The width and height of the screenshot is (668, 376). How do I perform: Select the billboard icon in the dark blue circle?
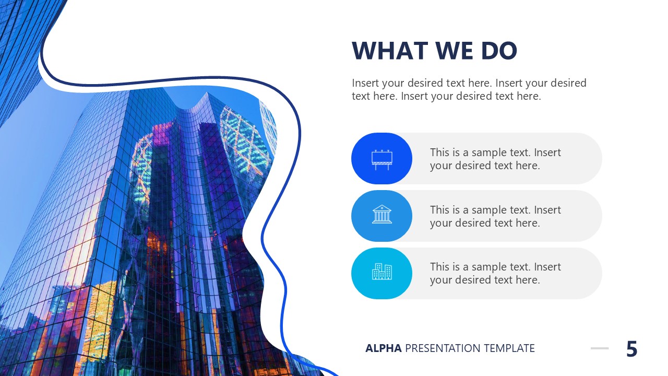381,159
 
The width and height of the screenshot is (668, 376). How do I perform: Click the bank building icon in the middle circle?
381,215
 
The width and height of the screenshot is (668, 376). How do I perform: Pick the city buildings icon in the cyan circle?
381,272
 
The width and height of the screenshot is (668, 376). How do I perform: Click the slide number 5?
631,349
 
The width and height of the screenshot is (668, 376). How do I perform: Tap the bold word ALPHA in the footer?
384,348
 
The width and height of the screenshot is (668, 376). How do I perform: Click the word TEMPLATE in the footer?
509,348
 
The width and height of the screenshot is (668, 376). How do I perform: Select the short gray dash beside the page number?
600,348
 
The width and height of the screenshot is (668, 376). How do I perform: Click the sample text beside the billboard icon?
495,159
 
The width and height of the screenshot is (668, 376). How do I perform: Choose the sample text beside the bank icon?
495,216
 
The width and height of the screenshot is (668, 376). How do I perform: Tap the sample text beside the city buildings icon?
495,273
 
